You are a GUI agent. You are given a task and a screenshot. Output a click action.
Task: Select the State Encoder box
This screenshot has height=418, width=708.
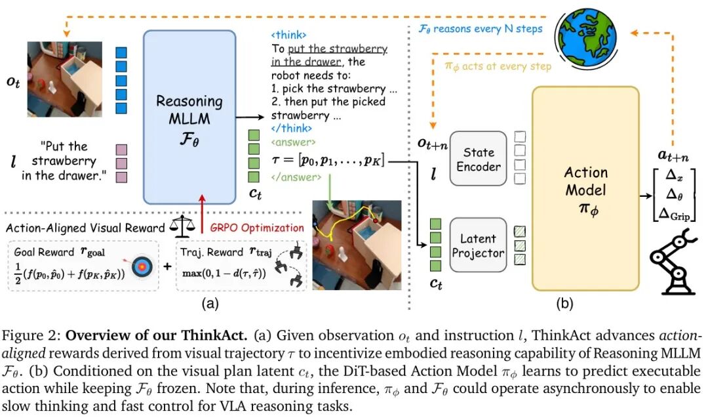pyautogui.click(x=479, y=159)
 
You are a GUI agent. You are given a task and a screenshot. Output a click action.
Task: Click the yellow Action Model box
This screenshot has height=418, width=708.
pyautogui.click(x=585, y=189)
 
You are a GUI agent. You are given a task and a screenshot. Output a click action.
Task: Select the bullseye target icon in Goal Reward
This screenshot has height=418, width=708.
pyautogui.click(x=140, y=268)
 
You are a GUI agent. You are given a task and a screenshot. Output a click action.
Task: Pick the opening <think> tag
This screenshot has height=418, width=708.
pyautogui.click(x=288, y=35)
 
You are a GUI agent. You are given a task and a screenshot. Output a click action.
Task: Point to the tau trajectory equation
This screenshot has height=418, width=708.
pyautogui.click(x=327, y=159)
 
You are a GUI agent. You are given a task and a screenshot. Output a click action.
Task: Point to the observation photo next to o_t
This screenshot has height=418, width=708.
pyautogui.click(x=64, y=79)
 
